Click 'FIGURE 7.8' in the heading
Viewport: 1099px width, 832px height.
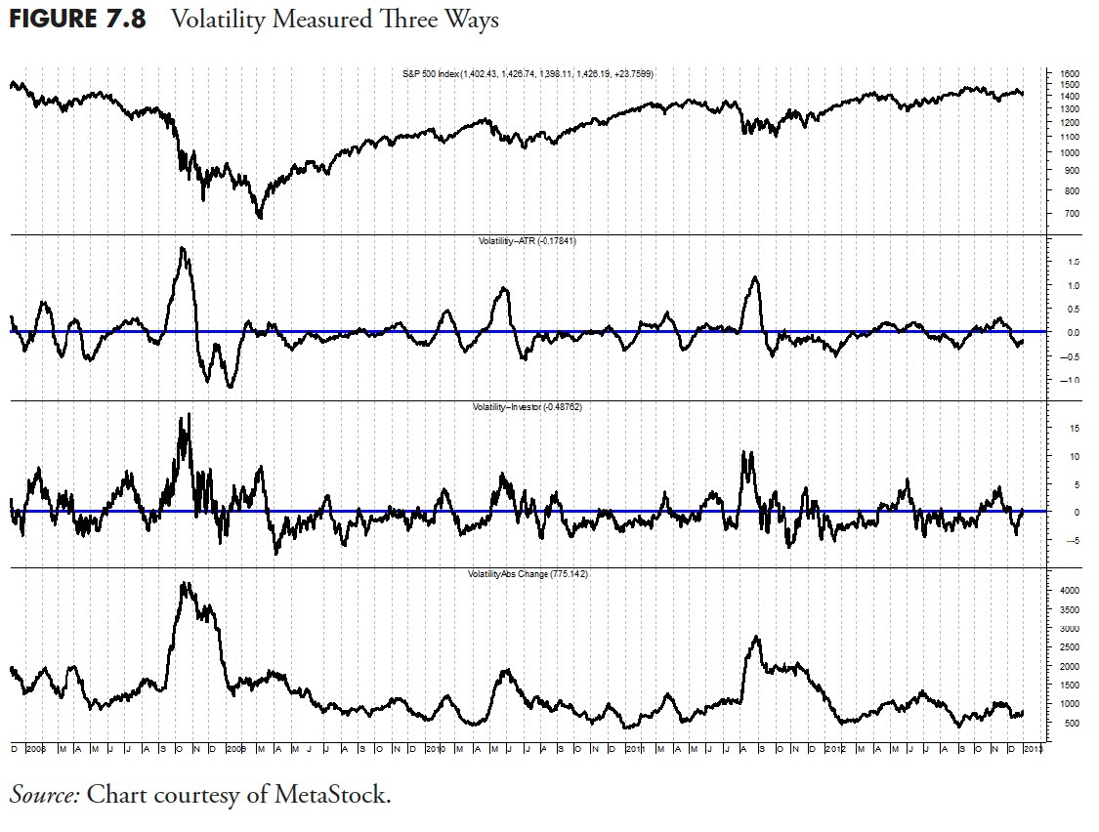pos(77,21)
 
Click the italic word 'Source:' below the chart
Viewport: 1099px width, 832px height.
pos(44,795)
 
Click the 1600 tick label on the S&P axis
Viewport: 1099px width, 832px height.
pos(1068,74)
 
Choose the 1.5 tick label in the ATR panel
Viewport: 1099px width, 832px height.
pos(1073,263)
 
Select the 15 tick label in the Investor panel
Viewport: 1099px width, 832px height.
pos(1072,428)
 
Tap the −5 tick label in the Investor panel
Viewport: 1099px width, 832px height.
pos(1072,540)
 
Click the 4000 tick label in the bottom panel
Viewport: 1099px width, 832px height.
pos(1069,591)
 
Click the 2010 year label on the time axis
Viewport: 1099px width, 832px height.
pos(436,749)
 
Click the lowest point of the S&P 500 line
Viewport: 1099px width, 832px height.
pos(260,218)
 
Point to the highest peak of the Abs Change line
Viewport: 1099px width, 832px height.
pos(185,583)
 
